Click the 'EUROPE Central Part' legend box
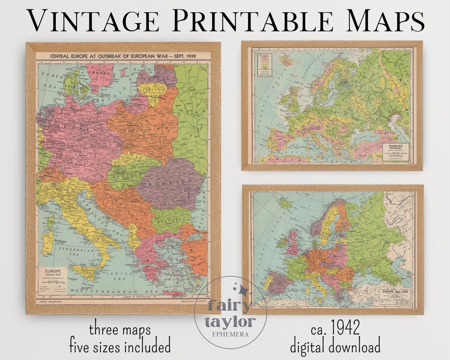tap(55, 279)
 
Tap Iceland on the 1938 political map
tap(285, 203)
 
